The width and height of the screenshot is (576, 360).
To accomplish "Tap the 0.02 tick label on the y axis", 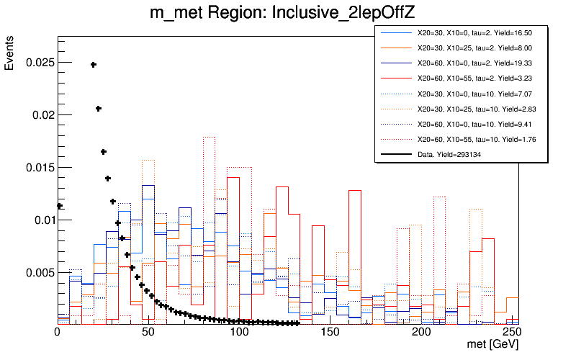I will (x=38, y=115).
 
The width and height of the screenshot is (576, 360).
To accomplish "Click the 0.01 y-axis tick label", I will (x=38, y=220).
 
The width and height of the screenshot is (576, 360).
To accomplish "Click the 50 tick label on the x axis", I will (x=148, y=333).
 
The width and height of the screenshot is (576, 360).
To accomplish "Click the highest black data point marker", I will (x=94, y=65).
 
